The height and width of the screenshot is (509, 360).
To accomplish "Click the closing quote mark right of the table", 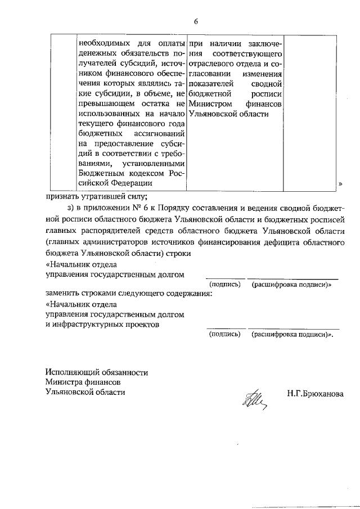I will (x=340, y=184).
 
